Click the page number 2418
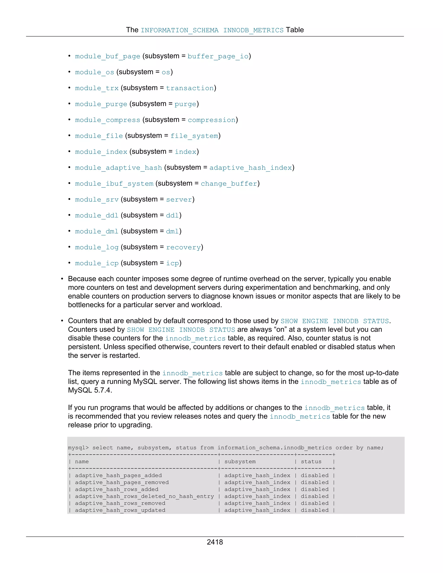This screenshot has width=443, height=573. pos(215,542)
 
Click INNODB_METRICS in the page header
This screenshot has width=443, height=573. pos(253,30)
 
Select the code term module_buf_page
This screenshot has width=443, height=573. pos(108,56)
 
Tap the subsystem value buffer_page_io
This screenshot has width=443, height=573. pos(218,56)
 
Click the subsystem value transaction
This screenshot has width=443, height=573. pos(190,88)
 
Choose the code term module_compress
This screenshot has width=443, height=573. pos(108,120)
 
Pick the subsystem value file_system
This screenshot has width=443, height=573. pos(194,136)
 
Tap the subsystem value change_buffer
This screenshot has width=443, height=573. pos(229,184)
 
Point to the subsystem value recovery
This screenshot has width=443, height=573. pos(183,247)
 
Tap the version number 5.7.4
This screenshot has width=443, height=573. pos(103,390)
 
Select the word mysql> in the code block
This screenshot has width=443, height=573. pos(78,448)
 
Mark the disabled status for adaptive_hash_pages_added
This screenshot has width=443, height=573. pos(314,475)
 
